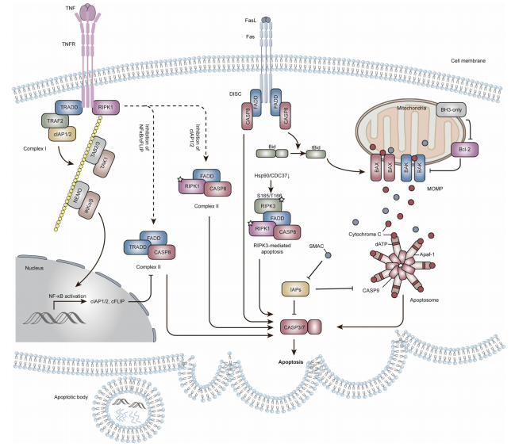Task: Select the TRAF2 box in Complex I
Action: point(56,121)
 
